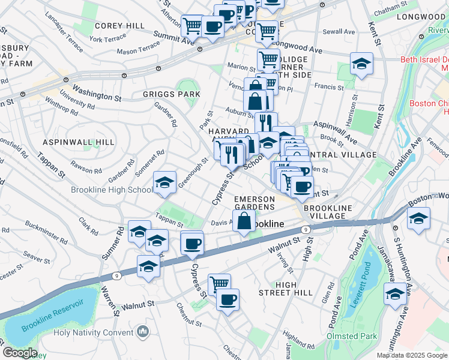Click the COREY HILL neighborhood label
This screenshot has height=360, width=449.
click(x=119, y=26)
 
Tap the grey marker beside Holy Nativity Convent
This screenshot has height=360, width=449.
click(x=142, y=331)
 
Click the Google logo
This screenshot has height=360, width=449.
click(x=19, y=353)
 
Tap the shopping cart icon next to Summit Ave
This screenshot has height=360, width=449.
click(x=192, y=26)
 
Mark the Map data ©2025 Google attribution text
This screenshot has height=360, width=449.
click(x=411, y=355)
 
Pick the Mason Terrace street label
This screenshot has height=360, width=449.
click(x=139, y=52)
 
